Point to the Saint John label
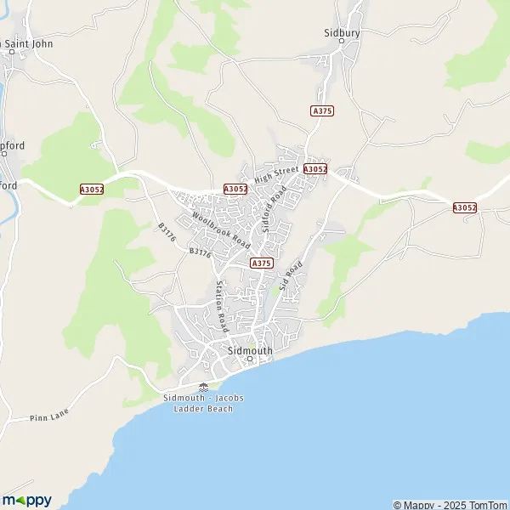27,43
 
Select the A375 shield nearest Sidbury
321,110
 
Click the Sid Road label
291,278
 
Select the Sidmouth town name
250,349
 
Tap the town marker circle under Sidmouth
250,359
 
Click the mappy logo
27,500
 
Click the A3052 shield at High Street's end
314,169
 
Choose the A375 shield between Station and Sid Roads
261,263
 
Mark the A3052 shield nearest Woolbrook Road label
235,189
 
